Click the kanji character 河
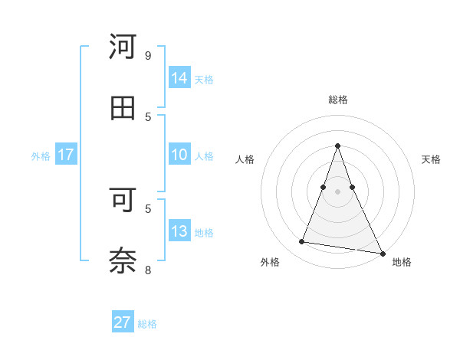click(123, 47)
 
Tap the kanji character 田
click(123, 108)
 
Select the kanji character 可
click(123, 200)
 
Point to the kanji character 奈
click(123, 260)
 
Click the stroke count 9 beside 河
click(148, 55)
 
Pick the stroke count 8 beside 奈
click(148, 270)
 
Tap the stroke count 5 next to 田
click(148, 116)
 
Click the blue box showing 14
click(179, 78)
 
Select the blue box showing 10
click(179, 155)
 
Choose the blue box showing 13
click(179, 231)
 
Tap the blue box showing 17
click(65, 155)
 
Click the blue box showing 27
click(122, 322)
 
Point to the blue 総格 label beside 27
click(147, 324)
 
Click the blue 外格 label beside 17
click(41, 156)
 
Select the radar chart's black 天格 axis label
click(432, 159)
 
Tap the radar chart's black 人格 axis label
click(245, 159)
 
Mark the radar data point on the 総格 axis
click(337, 146)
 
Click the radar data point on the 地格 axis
click(382, 253)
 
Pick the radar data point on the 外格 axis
click(301, 242)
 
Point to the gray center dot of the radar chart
click(337, 191)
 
